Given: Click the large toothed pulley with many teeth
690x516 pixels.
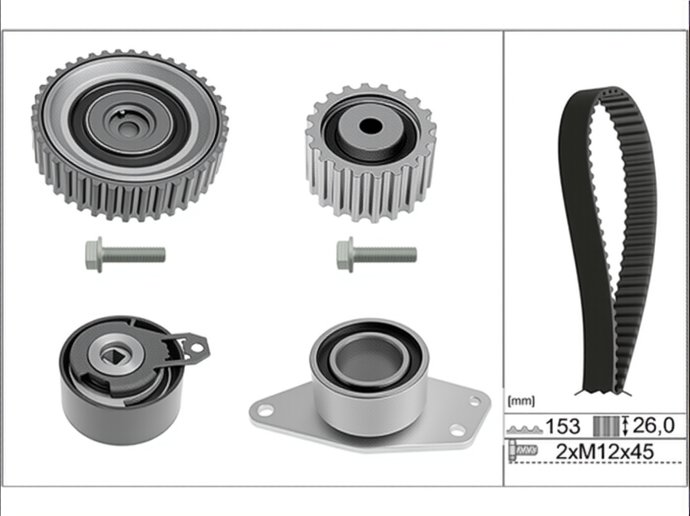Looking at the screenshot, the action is (130, 135).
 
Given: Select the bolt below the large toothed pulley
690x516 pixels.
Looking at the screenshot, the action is (125, 254).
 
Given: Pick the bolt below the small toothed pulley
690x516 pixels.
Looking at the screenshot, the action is (377, 254).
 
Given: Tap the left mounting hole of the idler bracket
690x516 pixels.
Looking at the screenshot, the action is (266, 409).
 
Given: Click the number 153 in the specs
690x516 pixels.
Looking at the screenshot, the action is (563, 426).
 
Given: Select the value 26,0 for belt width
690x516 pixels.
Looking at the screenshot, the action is (653, 426).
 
